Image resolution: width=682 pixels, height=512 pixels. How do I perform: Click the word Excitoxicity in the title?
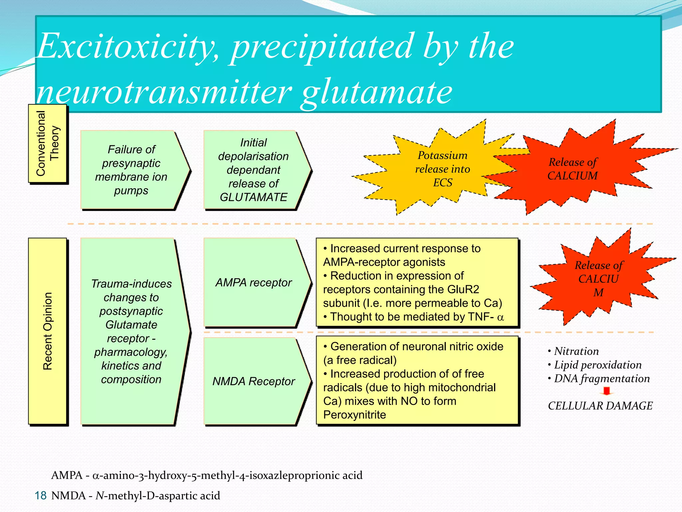coord(127,47)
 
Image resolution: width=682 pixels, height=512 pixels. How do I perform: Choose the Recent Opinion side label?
coord(48,331)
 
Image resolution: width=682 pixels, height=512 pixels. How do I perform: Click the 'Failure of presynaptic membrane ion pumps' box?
coord(131,170)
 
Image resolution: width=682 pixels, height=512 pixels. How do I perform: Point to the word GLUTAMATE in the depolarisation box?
coord(253,197)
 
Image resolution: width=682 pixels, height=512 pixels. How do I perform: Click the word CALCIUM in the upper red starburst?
coord(572,176)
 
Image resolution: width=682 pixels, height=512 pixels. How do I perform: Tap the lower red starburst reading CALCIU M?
coord(598,279)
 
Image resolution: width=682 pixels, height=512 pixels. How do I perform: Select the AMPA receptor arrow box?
coord(253,282)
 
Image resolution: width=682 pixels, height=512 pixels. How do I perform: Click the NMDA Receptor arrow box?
coord(253,381)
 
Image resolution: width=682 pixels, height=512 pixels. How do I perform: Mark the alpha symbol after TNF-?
coord(500,317)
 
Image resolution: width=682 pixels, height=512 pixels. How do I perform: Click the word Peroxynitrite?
coord(355,415)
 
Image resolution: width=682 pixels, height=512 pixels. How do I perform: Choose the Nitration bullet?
coord(576,351)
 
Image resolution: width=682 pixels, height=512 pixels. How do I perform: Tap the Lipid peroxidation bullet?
coord(597,365)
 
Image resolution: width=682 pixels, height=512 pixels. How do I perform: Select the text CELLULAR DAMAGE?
coord(600,406)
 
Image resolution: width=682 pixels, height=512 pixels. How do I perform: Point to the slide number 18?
coord(41,496)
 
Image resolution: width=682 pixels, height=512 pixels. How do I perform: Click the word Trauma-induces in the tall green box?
coord(131,284)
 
